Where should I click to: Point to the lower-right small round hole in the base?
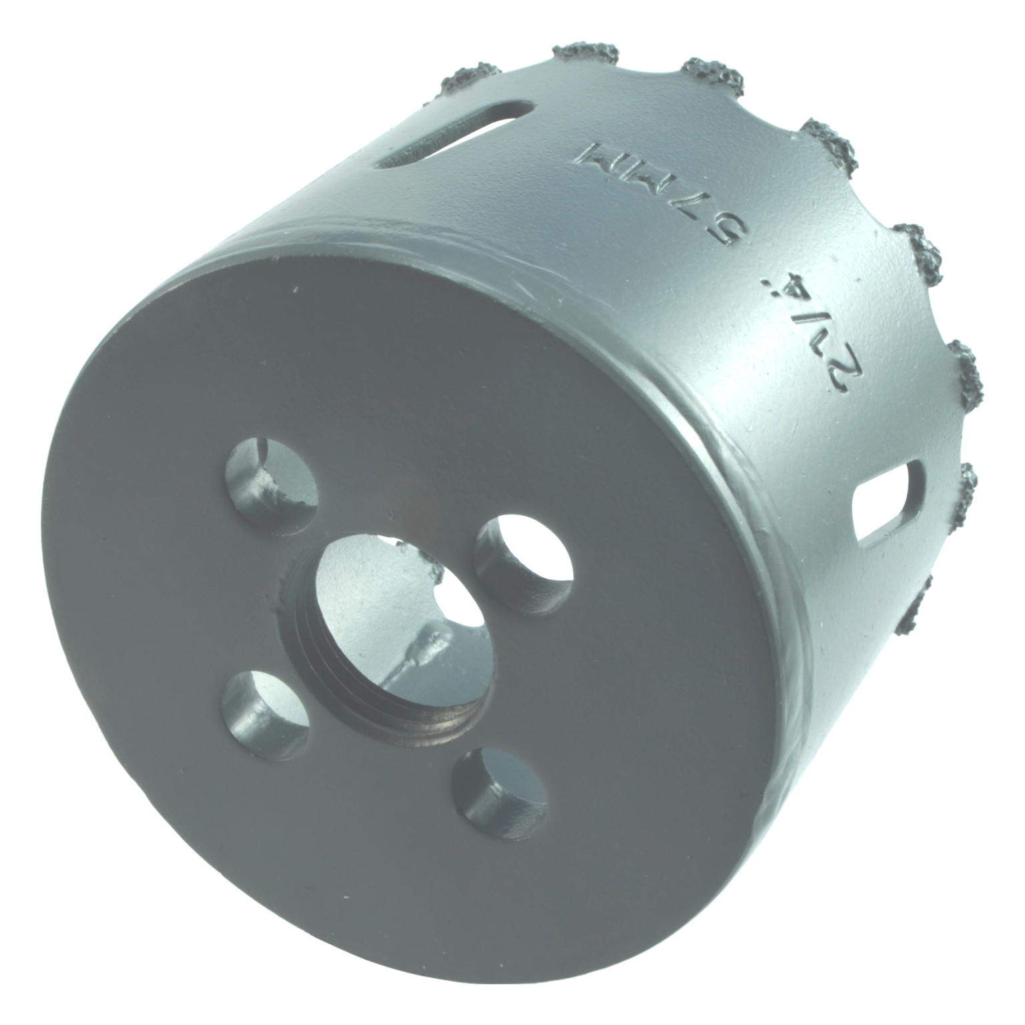(x=500, y=797)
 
